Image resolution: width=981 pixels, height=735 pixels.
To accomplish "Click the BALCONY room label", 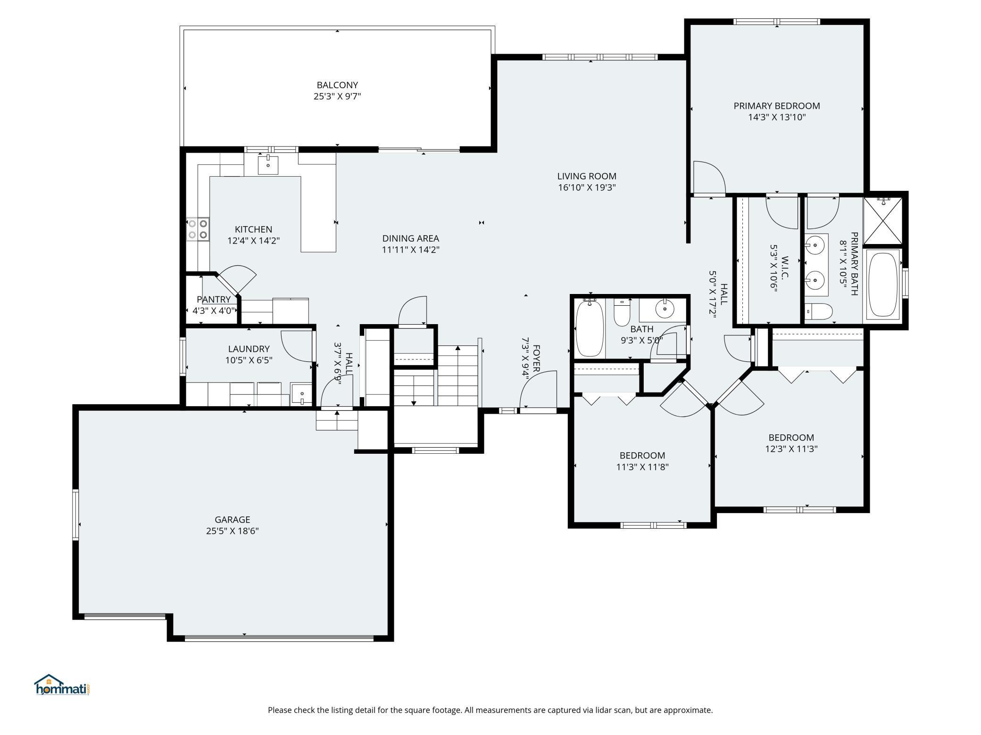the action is pos(337,85).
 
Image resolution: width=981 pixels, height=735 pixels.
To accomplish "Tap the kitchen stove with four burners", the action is pos(198,229).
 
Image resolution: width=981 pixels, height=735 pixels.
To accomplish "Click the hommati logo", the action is pos(62,685).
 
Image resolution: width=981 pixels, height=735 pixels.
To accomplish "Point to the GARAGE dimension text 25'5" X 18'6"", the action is pos(233,531).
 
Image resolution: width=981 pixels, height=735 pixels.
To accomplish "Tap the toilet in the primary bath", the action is pos(819,311).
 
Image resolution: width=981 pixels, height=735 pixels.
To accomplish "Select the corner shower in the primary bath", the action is pos(882,221).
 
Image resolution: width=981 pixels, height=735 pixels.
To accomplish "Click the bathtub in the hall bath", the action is pos(590,328).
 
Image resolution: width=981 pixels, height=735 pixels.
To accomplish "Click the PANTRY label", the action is pos(214,300).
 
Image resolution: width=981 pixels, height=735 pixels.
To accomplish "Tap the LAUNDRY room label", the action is pos(249,349).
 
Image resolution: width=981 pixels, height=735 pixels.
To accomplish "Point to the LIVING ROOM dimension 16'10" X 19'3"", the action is pos(587,188).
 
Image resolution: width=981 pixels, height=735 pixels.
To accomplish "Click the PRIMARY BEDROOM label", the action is pos(777,106).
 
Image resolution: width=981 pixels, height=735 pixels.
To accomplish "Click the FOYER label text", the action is pos(536,359).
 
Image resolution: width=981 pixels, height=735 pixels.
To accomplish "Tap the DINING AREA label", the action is pos(411,238).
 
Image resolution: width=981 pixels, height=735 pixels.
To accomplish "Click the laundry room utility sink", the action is pos(301,394).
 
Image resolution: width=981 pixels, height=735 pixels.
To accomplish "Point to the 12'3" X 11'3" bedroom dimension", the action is pos(791,449).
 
